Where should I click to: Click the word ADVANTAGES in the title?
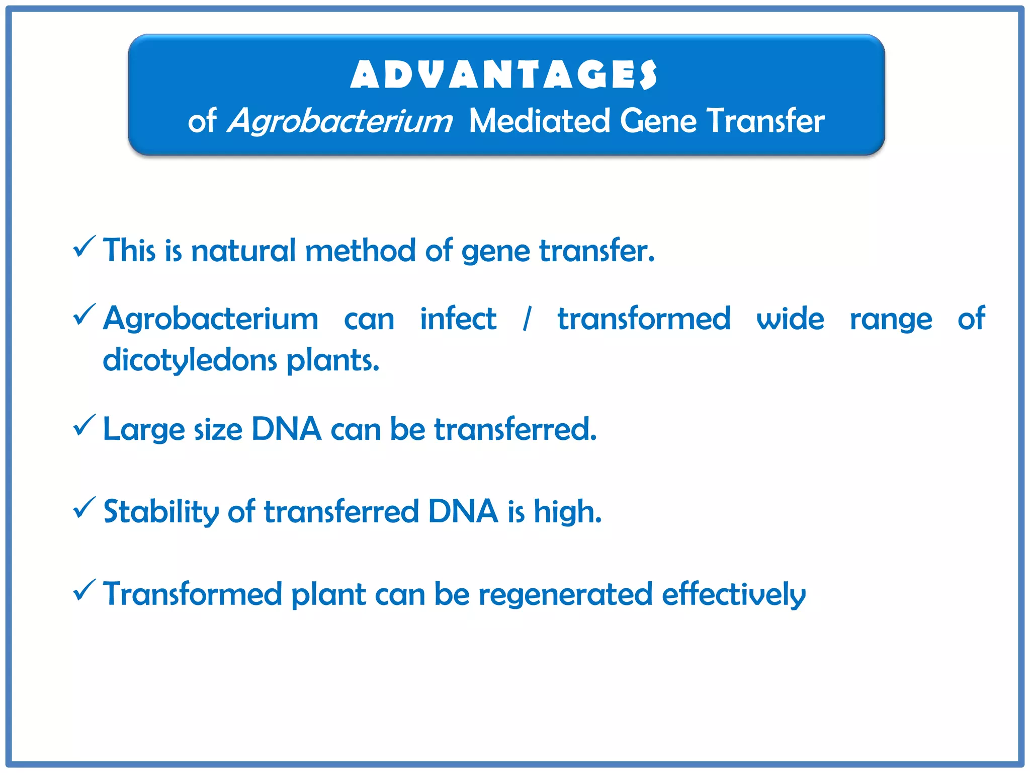point(503,74)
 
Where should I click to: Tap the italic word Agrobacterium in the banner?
point(340,121)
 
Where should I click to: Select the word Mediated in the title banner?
point(539,121)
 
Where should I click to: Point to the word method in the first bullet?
point(360,250)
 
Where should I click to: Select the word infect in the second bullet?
point(458,319)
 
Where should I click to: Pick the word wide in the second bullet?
point(790,319)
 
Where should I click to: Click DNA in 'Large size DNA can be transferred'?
point(286,429)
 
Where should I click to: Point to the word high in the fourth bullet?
point(567,512)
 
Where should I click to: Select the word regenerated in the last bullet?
point(565,595)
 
